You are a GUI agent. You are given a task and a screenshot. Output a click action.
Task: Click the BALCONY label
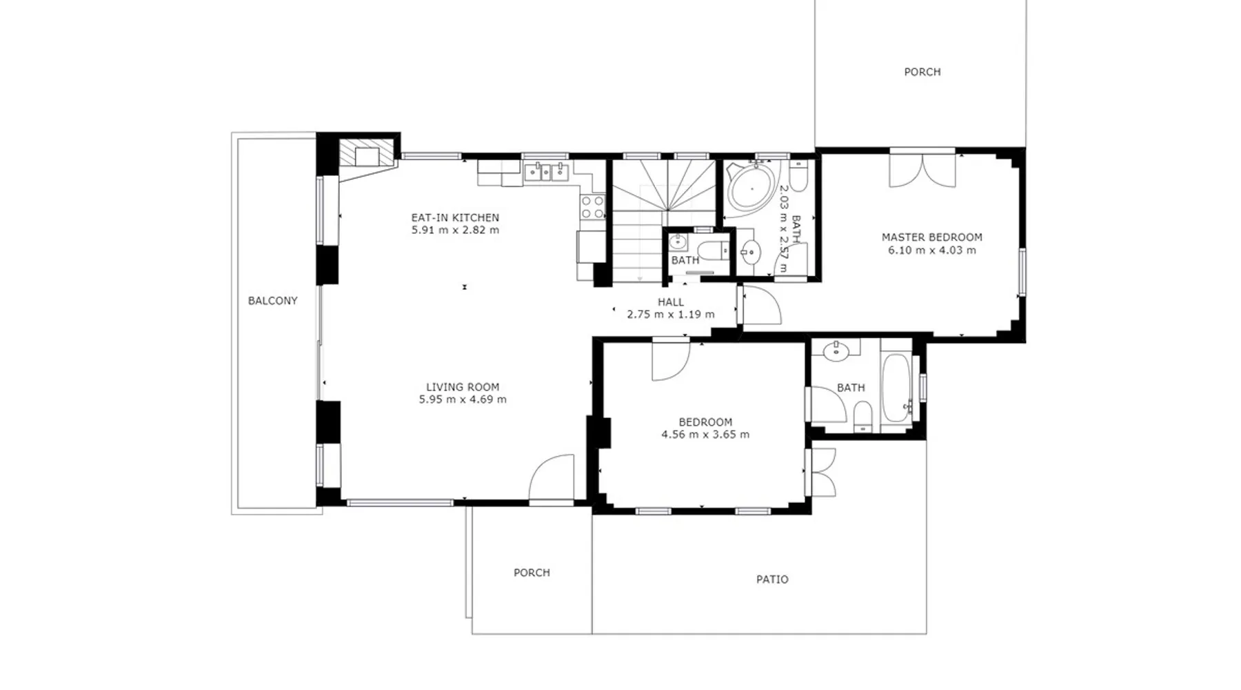[x=273, y=301]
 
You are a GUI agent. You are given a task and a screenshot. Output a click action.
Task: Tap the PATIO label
[x=772, y=580]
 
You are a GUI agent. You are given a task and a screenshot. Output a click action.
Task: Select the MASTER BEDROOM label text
[x=932, y=237]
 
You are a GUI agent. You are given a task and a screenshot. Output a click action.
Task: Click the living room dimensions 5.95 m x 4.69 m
[x=463, y=400]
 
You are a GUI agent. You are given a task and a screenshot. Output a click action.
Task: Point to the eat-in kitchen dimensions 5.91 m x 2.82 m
[x=455, y=230]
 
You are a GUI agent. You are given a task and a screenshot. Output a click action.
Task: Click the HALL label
[x=671, y=302]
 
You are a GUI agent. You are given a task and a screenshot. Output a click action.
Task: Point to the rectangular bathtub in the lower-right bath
[x=896, y=388]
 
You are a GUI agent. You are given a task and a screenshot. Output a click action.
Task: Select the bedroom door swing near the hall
[x=671, y=361]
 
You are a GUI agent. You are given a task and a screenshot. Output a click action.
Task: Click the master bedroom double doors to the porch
[x=922, y=170]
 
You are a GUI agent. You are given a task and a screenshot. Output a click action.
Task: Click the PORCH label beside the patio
[x=532, y=573]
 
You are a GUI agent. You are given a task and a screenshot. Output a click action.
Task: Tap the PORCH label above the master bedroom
[x=922, y=72]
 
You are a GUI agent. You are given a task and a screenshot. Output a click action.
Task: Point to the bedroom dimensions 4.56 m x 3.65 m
[x=705, y=435]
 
